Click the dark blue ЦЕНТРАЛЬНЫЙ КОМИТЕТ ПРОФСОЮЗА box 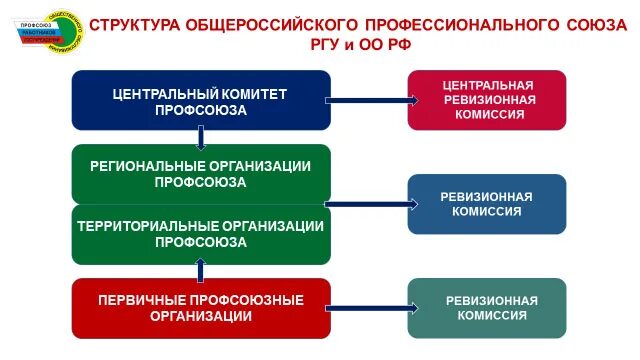pos(200,101)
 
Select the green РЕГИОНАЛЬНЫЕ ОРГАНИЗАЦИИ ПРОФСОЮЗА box pos(200,174)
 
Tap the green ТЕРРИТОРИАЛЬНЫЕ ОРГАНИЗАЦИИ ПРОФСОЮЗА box pos(200,234)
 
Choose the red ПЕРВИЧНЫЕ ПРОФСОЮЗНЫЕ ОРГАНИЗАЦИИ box pos(200,307)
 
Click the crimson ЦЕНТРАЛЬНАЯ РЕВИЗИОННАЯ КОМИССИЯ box pos(486,100)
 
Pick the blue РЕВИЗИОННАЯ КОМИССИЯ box pos(486,204)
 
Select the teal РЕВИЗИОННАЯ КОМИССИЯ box pos(486,307)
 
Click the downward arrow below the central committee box pos(201,138)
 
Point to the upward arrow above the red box pos(201,270)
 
